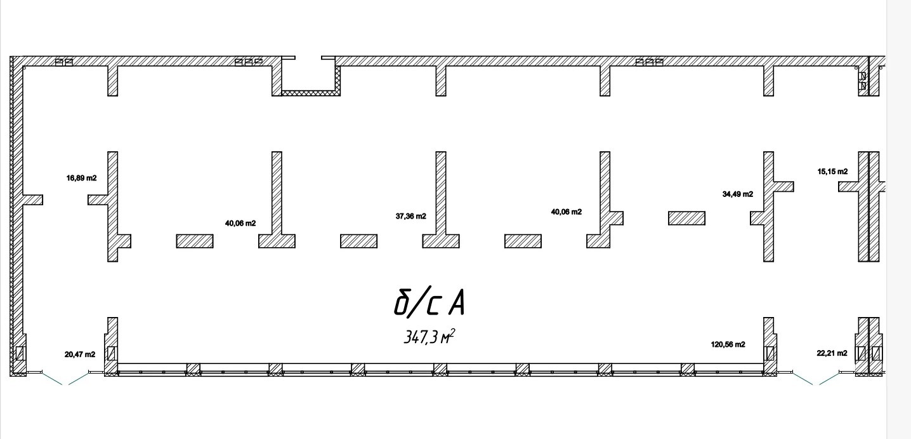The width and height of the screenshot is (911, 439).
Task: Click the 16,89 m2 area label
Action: pyautogui.click(x=81, y=178)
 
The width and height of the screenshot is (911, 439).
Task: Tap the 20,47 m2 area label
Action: pyautogui.click(x=80, y=355)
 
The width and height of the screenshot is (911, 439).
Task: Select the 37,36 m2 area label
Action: pyautogui.click(x=410, y=216)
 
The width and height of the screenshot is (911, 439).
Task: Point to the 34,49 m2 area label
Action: pyautogui.click(x=738, y=194)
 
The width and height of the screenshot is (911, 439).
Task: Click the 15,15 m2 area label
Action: pyautogui.click(x=832, y=172)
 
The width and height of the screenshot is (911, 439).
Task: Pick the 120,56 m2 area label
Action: pyautogui.click(x=728, y=344)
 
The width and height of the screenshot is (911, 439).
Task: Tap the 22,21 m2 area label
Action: pyautogui.click(x=832, y=353)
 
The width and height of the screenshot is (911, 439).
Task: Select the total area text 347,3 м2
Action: pyautogui.click(x=429, y=337)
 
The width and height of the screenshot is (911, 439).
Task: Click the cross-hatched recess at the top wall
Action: pyautogui.click(x=311, y=93)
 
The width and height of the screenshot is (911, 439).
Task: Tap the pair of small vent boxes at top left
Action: pyautogui.click(x=64, y=62)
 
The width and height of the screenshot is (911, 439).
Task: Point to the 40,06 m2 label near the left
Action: pyautogui.click(x=240, y=223)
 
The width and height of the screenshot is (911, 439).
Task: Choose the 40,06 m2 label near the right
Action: pyautogui.click(x=566, y=212)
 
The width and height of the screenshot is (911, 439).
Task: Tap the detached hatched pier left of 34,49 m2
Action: pyautogui.click(x=686, y=219)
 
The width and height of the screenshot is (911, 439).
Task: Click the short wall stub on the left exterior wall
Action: pyautogui.click(x=32, y=199)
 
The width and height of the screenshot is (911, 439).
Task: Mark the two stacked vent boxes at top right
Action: pyautogui.click(x=863, y=81)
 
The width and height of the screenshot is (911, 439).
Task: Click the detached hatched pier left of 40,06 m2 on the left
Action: pyautogui.click(x=195, y=241)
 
